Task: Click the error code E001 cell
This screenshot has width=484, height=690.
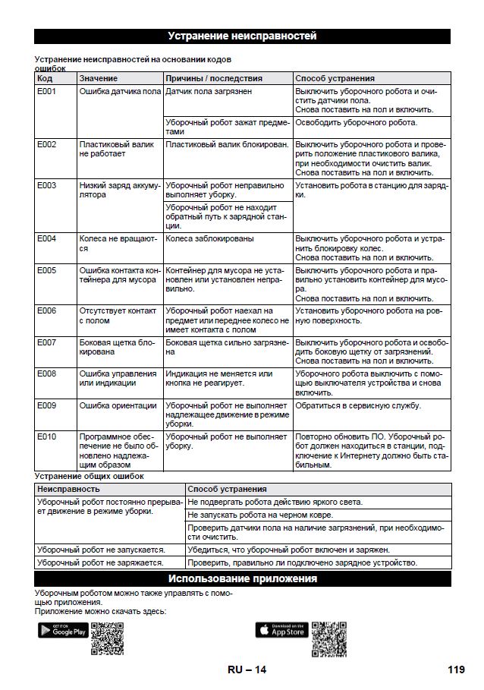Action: pos(47,91)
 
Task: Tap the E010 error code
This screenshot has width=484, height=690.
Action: pos(47,437)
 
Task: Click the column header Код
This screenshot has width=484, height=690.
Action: pos(45,78)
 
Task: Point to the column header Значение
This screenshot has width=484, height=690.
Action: pos(99,78)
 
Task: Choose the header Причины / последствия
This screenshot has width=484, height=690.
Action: pos(214,78)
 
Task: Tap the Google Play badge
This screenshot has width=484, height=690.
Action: pos(63,629)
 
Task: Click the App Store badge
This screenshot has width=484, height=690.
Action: pos(281,629)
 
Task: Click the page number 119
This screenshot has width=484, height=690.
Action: pos(455,670)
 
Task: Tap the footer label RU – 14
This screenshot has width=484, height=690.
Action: pos(247,670)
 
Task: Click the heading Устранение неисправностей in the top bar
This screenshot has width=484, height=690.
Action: pos(242,36)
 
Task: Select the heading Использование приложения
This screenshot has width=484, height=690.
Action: pos(242,579)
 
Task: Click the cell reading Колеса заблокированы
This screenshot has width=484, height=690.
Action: pos(210,238)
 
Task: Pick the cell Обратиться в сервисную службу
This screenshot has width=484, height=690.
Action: pos(358,405)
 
